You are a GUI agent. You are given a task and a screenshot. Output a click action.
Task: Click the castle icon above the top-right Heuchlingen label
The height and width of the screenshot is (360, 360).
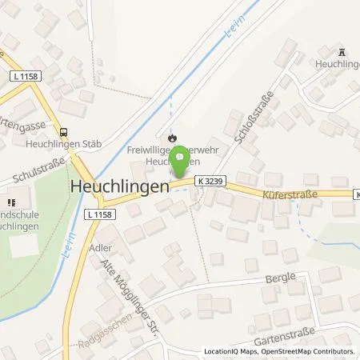[x=344, y=51]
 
